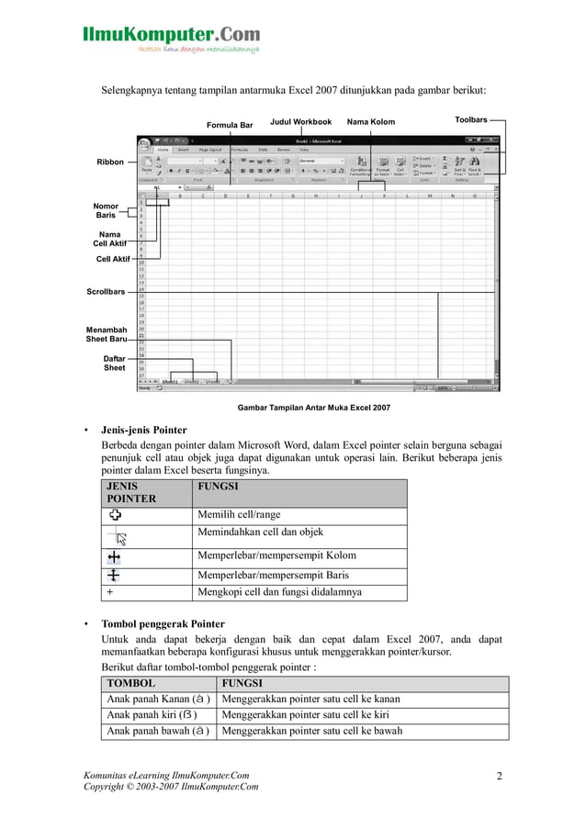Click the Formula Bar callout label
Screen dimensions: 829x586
pos(229,125)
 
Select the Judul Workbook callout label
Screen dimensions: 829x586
pos(300,121)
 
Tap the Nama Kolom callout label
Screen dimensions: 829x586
pos(370,121)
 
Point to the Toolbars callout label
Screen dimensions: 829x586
pos(470,120)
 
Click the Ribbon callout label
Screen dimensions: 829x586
pos(110,162)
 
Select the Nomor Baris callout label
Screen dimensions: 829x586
pos(106,211)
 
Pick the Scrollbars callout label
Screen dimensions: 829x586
pos(106,292)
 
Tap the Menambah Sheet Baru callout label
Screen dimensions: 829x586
pos(107,334)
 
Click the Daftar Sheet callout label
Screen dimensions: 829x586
pos(114,363)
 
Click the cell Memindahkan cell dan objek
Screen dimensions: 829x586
pos(260,532)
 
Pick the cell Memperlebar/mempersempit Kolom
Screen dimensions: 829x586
pos(276,555)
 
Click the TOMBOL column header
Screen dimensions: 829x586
pos(131,684)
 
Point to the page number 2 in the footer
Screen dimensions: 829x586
pos(500,777)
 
